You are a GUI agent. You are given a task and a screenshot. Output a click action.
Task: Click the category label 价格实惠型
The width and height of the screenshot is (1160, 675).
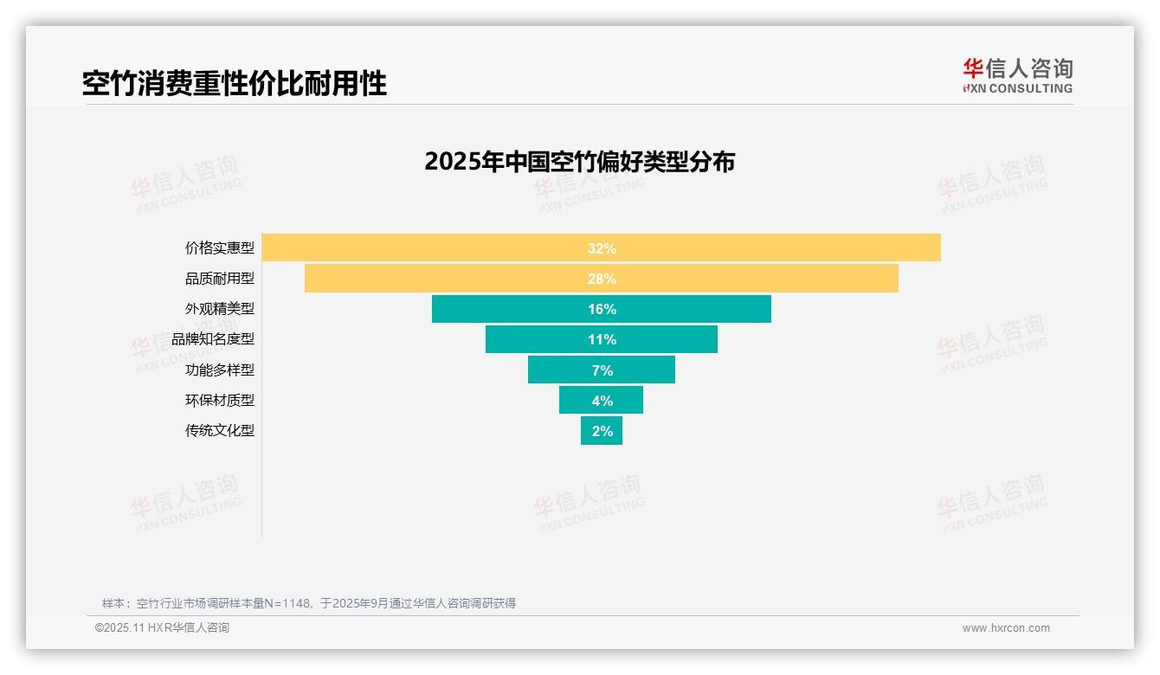[220, 248]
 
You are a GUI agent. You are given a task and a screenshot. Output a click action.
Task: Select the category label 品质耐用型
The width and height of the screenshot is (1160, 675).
[220, 279]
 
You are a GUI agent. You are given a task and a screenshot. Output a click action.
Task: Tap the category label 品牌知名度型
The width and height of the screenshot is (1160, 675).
[213, 339]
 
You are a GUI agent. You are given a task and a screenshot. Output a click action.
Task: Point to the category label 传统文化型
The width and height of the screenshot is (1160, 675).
[220, 430]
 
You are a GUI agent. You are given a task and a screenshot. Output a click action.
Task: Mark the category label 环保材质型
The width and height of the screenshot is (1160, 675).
[220, 400]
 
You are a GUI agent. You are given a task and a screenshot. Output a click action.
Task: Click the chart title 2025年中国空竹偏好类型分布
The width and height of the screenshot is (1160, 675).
[579, 162]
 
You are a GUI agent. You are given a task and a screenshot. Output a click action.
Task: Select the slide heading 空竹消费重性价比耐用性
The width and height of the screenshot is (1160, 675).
[235, 83]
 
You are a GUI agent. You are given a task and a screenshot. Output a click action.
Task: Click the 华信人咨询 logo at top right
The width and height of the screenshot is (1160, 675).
[1017, 75]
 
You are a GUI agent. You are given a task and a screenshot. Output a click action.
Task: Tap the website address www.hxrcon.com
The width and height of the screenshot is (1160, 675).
[1006, 628]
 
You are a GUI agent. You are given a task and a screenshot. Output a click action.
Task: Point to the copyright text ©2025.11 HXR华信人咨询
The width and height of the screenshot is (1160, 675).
[162, 628]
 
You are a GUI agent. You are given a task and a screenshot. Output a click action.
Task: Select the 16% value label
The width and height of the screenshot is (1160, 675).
[602, 309]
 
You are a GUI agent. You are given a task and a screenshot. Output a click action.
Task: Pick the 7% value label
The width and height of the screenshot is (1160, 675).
[602, 370]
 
